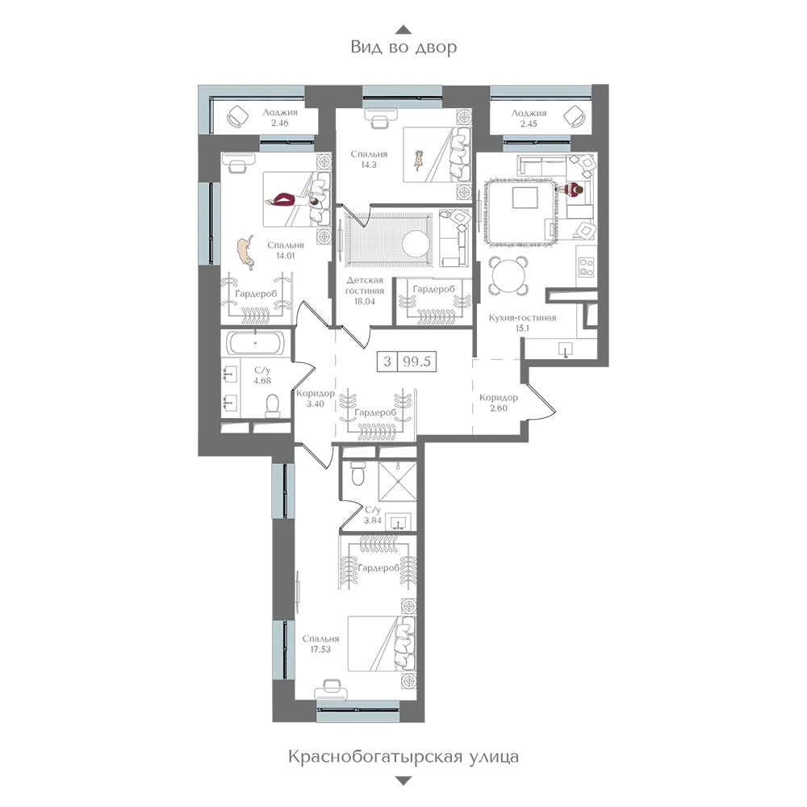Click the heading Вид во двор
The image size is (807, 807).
pyautogui.click(x=403, y=48)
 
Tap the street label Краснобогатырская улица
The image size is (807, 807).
pyautogui.click(x=403, y=757)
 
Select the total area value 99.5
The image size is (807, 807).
pyautogui.click(x=417, y=362)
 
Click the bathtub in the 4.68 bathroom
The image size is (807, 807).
pyautogui.click(x=255, y=343)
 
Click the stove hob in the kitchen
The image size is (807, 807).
pyautogui.click(x=587, y=266)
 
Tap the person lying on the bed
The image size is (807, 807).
pyautogui.click(x=297, y=199)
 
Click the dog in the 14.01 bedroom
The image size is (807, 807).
pyautogui.click(x=246, y=252)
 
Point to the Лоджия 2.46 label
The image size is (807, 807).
pyautogui.click(x=279, y=118)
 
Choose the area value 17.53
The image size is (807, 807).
pyautogui.click(x=320, y=650)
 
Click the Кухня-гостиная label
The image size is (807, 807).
pyautogui.click(x=522, y=317)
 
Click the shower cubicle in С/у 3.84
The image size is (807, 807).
pyautogui.click(x=397, y=481)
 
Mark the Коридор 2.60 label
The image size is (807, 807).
pyautogui.click(x=498, y=403)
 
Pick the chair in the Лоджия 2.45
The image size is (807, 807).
pyautogui.click(x=575, y=116)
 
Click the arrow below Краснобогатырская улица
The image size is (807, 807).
pyautogui.click(x=403, y=781)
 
